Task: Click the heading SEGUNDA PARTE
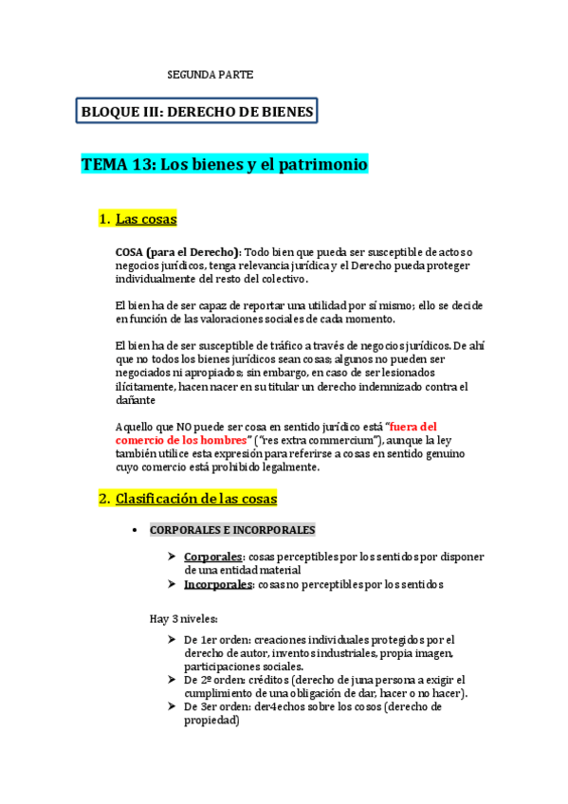click(x=211, y=74)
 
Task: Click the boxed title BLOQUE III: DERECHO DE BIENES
click(x=197, y=112)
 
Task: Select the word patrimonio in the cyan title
click(x=323, y=164)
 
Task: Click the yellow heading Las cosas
click(x=146, y=220)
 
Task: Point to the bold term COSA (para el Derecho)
click(x=177, y=251)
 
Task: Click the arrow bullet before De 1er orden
click(x=171, y=639)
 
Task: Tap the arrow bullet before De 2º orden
click(x=171, y=680)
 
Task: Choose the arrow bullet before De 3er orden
click(x=171, y=706)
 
